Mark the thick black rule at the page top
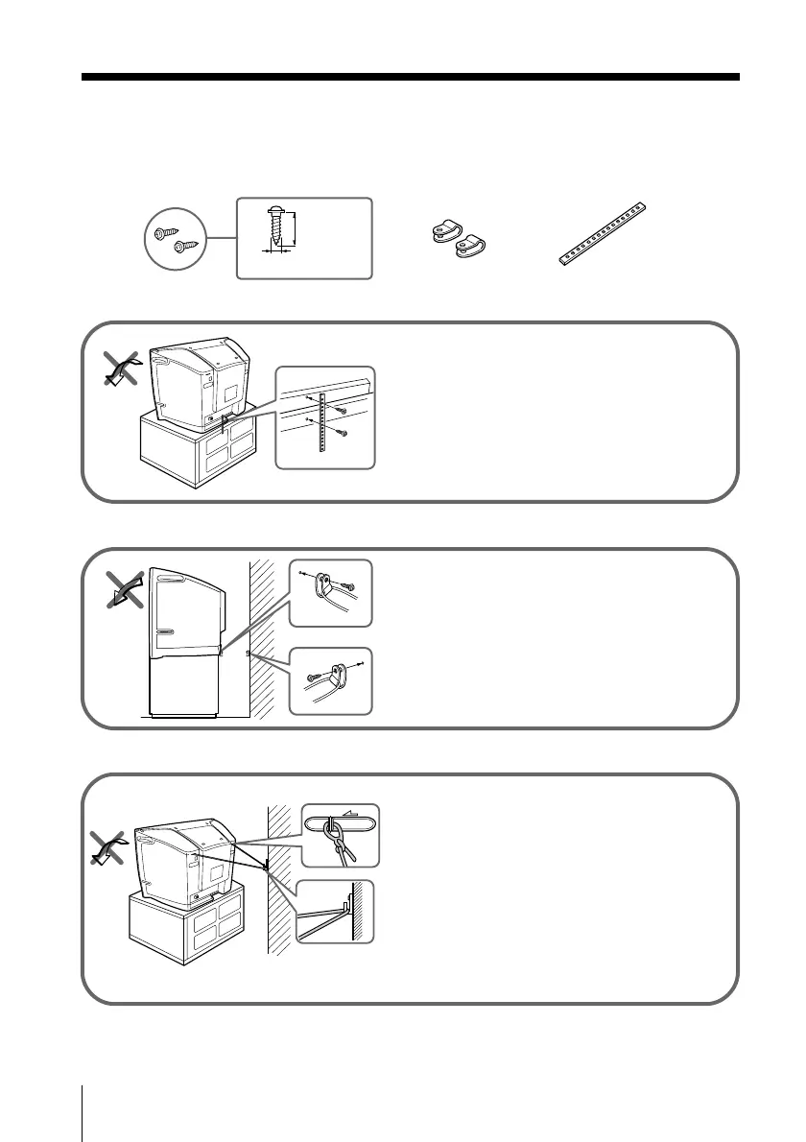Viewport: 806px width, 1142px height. pos(410,77)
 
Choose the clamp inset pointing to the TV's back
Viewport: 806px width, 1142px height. pos(330,592)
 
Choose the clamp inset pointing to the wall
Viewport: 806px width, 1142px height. pos(330,680)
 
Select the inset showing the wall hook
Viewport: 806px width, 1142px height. pos(335,911)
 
